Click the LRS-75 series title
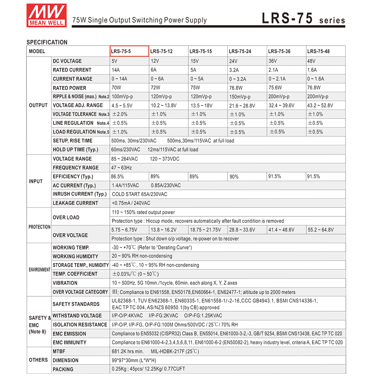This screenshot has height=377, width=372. pyautogui.click(x=303, y=19)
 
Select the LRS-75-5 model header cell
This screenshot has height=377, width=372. pyautogui.click(x=129, y=51)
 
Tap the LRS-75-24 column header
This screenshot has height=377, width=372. pyautogui.click(x=240, y=51)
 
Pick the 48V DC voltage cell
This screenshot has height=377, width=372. pyautogui.click(x=311, y=61)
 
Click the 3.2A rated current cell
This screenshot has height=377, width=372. pyautogui.click(x=234, y=70)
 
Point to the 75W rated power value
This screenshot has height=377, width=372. pyautogui.click(x=195, y=88)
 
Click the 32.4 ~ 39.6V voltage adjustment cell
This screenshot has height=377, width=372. pyautogui.click(x=281, y=106)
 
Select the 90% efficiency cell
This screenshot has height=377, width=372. pyautogui.click(x=234, y=177)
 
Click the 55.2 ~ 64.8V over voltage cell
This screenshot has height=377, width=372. pyautogui.click(x=321, y=230)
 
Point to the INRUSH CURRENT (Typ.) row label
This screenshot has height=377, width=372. pyautogui.click(x=80, y=194)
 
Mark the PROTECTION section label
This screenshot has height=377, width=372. pyautogui.click(x=39, y=227)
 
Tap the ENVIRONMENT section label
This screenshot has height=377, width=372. pyautogui.click(x=39, y=270)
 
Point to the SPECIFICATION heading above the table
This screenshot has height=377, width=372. pyautogui.click(x=47, y=42)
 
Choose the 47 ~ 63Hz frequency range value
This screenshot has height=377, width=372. pyautogui.click(x=121, y=168)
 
